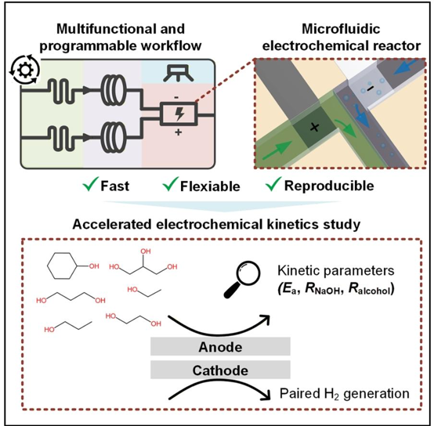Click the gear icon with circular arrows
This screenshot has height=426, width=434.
point(24,70)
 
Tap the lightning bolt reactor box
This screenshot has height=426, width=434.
point(179,114)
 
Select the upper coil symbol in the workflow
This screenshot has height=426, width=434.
point(114,89)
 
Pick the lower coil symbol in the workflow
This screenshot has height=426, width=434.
point(114,137)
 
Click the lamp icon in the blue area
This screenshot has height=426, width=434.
point(179,73)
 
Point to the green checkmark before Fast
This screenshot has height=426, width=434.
point(90,183)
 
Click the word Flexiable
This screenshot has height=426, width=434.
point(210,186)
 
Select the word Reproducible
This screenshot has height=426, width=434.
point(329,186)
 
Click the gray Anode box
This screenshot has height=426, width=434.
point(220,346)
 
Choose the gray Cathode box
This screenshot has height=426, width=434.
point(220,370)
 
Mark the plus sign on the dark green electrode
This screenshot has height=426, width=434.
point(314,128)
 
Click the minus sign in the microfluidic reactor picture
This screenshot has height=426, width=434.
point(371,88)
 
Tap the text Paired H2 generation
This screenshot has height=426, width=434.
point(345,393)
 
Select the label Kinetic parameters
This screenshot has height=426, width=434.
point(336,270)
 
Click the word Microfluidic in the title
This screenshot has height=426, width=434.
point(341,29)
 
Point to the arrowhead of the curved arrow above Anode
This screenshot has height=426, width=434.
point(266,319)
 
